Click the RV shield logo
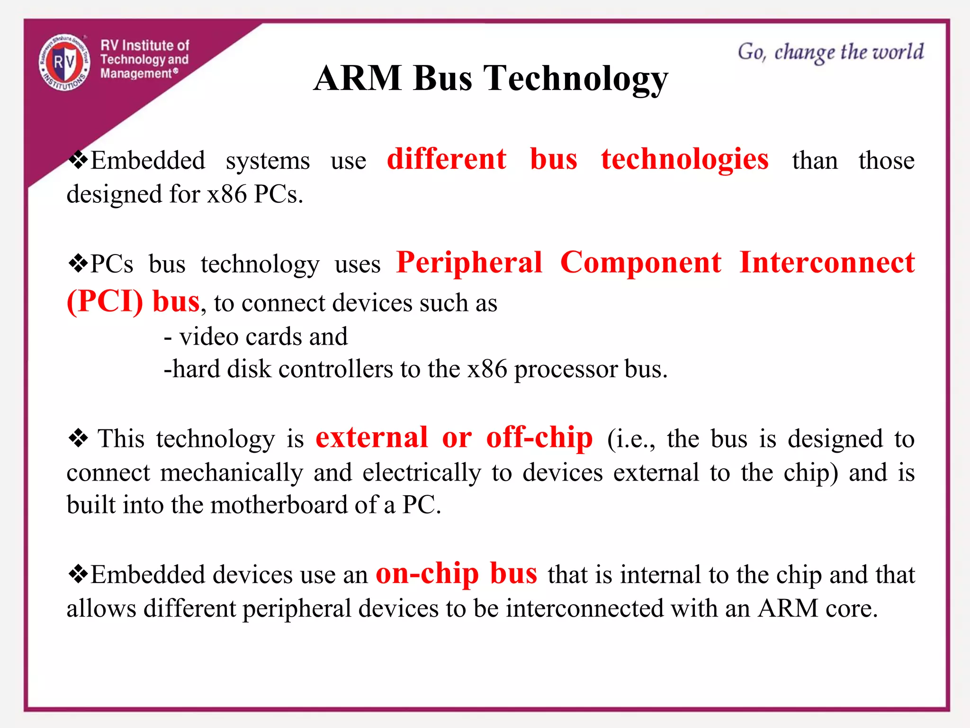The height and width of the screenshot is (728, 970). coord(64,62)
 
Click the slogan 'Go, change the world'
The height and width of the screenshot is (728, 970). coord(830,52)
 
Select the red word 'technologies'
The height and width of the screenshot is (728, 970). coord(684,159)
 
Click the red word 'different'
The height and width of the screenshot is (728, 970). coord(446,159)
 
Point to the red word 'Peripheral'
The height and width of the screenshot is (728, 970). coord(469,263)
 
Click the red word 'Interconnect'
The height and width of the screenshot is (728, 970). coord(826,263)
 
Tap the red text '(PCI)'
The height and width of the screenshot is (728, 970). coord(105,301)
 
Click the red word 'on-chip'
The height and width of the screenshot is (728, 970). coord(427,573)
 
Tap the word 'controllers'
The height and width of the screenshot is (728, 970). coord(335,369)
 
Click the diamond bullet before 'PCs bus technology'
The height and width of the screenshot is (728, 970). coord(78,263)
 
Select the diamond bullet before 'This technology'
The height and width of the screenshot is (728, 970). coord(78,437)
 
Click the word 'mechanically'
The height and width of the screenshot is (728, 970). coord(231,473)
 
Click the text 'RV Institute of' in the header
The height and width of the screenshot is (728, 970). coord(144,45)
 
